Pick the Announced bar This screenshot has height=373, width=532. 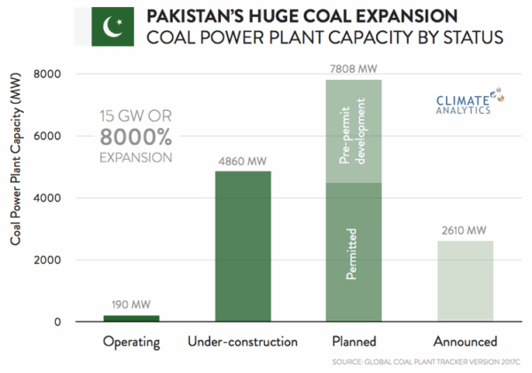[465, 281]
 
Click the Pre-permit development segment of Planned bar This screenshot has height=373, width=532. [354, 131]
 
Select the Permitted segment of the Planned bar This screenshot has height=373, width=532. [354, 252]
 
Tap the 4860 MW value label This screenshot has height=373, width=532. [242, 161]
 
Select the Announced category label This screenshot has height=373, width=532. [465, 340]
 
